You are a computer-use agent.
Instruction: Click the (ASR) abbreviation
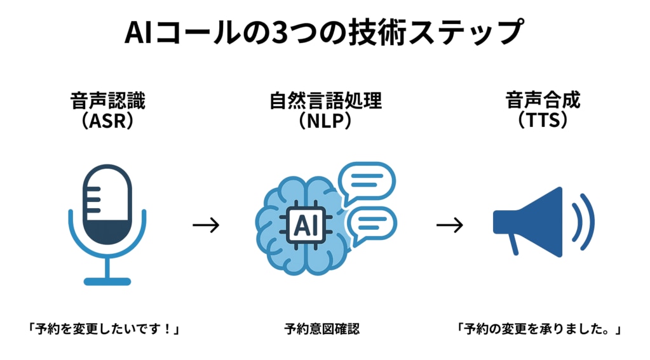[107, 121]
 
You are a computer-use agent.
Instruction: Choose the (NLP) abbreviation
[325, 121]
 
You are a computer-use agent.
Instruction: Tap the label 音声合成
[543, 102]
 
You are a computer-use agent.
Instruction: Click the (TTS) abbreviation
[543, 120]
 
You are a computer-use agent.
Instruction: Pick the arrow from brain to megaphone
[449, 225]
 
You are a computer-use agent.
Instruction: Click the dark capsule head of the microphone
[107, 203]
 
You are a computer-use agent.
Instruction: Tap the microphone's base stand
[107, 280]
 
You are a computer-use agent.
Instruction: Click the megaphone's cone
[540, 222]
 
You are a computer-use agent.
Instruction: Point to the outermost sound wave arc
[587, 222]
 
